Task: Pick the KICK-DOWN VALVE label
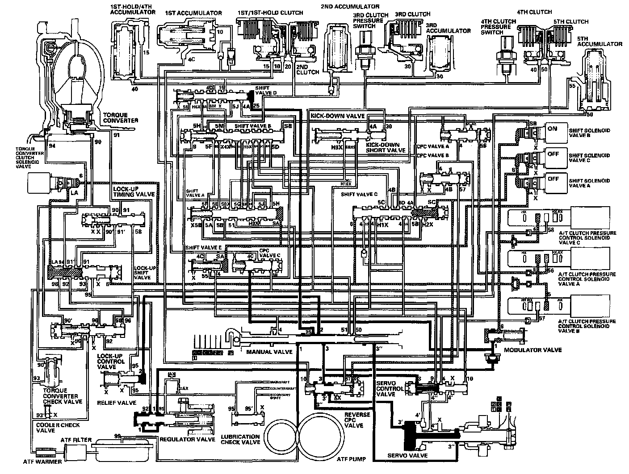337,116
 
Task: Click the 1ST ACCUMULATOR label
193,13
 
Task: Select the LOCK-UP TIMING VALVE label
134,192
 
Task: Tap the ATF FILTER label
76,440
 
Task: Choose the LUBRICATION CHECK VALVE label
241,439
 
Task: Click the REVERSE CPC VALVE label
357,420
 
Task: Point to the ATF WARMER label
43,462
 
